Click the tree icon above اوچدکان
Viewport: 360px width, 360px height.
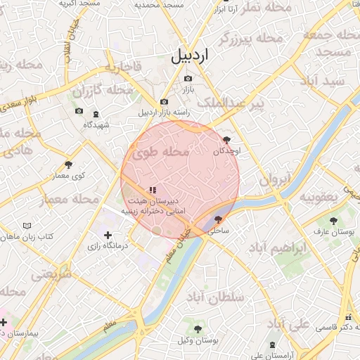[225, 140]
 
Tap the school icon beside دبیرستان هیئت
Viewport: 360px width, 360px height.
[152, 190]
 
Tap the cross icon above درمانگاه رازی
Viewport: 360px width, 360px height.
[108, 235]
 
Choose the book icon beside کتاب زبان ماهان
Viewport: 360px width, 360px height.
[27, 226]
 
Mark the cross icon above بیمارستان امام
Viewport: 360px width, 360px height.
[4, 322]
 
